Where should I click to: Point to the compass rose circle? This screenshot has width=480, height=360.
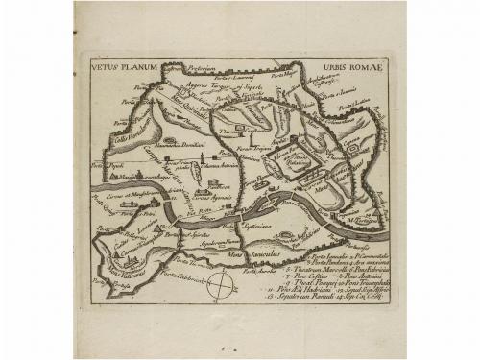point(223,287)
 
